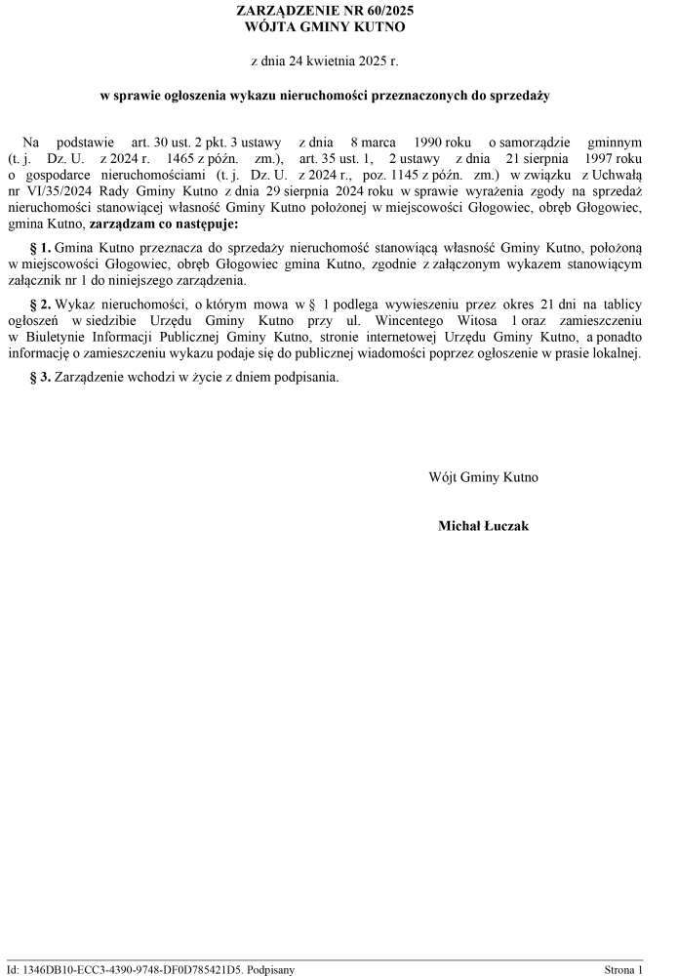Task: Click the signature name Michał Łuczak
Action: click(484, 526)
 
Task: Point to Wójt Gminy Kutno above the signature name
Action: click(484, 478)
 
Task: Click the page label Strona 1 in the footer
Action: click(623, 969)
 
